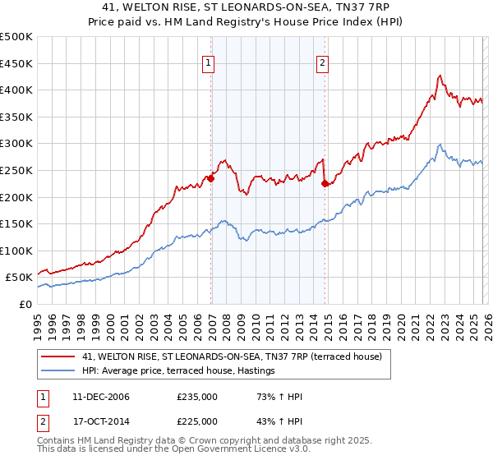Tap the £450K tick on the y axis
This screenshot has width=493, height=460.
[16, 63]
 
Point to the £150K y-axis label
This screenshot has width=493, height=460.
[16, 223]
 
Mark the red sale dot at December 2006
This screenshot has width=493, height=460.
[211, 177]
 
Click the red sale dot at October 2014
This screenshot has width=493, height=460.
[325, 183]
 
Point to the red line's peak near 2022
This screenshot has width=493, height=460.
[440, 76]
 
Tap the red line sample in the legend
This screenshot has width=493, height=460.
[58, 356]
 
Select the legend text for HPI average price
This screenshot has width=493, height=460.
[178, 371]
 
